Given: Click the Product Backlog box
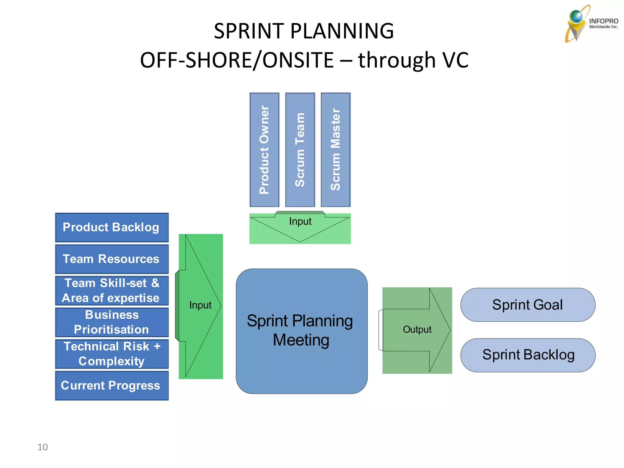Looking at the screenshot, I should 112,228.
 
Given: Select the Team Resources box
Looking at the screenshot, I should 112,259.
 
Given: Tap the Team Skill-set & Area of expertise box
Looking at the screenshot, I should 112,291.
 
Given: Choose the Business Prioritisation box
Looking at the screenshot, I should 112,322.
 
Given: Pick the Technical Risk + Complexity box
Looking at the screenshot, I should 112,354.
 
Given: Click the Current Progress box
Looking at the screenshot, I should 112,385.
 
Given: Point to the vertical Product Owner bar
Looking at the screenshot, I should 264,150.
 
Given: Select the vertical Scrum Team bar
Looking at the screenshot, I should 300,150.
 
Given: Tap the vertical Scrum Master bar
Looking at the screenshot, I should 336,150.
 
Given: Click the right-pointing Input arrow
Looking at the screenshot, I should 200,306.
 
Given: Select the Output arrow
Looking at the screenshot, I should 417,330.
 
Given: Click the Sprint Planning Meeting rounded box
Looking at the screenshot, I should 301,331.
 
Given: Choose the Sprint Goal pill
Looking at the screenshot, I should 528,305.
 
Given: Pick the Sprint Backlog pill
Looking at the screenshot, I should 528,355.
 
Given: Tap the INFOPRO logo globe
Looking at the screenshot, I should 576,17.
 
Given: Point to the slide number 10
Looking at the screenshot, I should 43,447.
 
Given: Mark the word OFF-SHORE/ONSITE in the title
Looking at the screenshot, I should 237,60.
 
